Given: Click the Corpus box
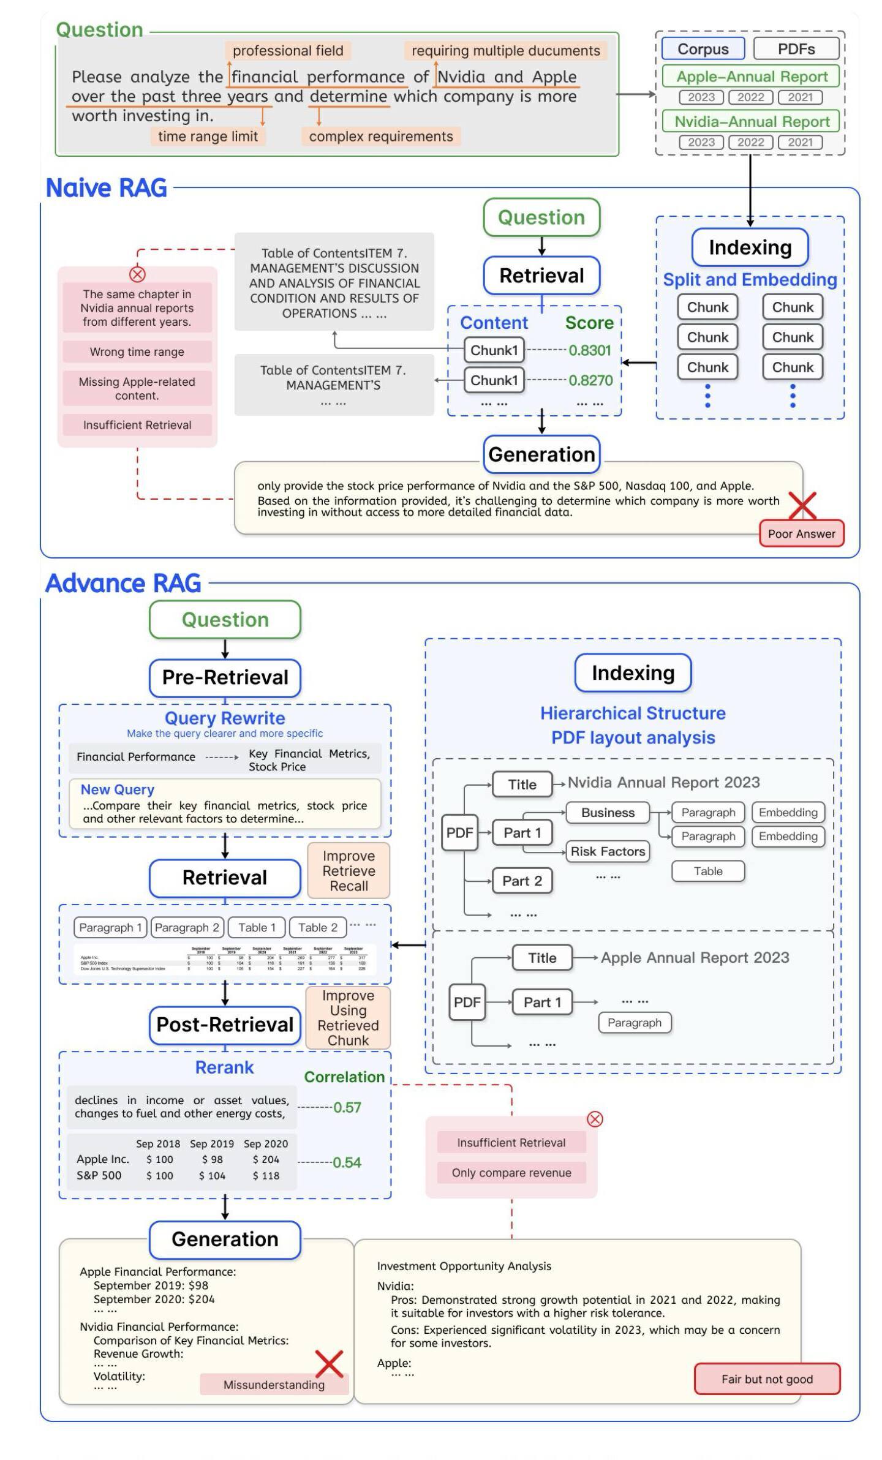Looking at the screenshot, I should coord(703,49).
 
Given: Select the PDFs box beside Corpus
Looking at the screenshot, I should coord(796,49).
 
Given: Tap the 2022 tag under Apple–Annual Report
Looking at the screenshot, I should coord(750,97).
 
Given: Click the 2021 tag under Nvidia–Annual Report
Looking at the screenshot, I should coord(800,143).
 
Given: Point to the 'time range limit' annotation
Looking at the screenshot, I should coord(208,137).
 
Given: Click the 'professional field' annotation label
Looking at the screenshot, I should coord(288,51).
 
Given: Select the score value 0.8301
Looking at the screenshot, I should coord(590,350).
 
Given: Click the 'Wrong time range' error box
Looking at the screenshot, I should coord(137,352).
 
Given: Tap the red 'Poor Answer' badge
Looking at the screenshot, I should coord(801,534).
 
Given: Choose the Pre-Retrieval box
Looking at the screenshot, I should coord(225,678).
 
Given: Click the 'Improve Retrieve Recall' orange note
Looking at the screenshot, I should coord(349,871).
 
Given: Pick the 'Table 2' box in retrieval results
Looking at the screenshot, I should coord(317,928).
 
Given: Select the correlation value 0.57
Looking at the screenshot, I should coord(347,1108).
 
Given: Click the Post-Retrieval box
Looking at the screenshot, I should coord(225,1025).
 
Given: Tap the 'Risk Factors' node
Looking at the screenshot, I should coord(608,852).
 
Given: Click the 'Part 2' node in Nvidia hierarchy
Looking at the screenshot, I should coord(522,881).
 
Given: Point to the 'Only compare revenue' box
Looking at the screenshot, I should coord(511,1173).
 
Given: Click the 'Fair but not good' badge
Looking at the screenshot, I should coord(767,1379).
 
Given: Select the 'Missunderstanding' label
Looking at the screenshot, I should coord(274,1385).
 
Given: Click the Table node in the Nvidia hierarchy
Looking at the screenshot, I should coord(708,871).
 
